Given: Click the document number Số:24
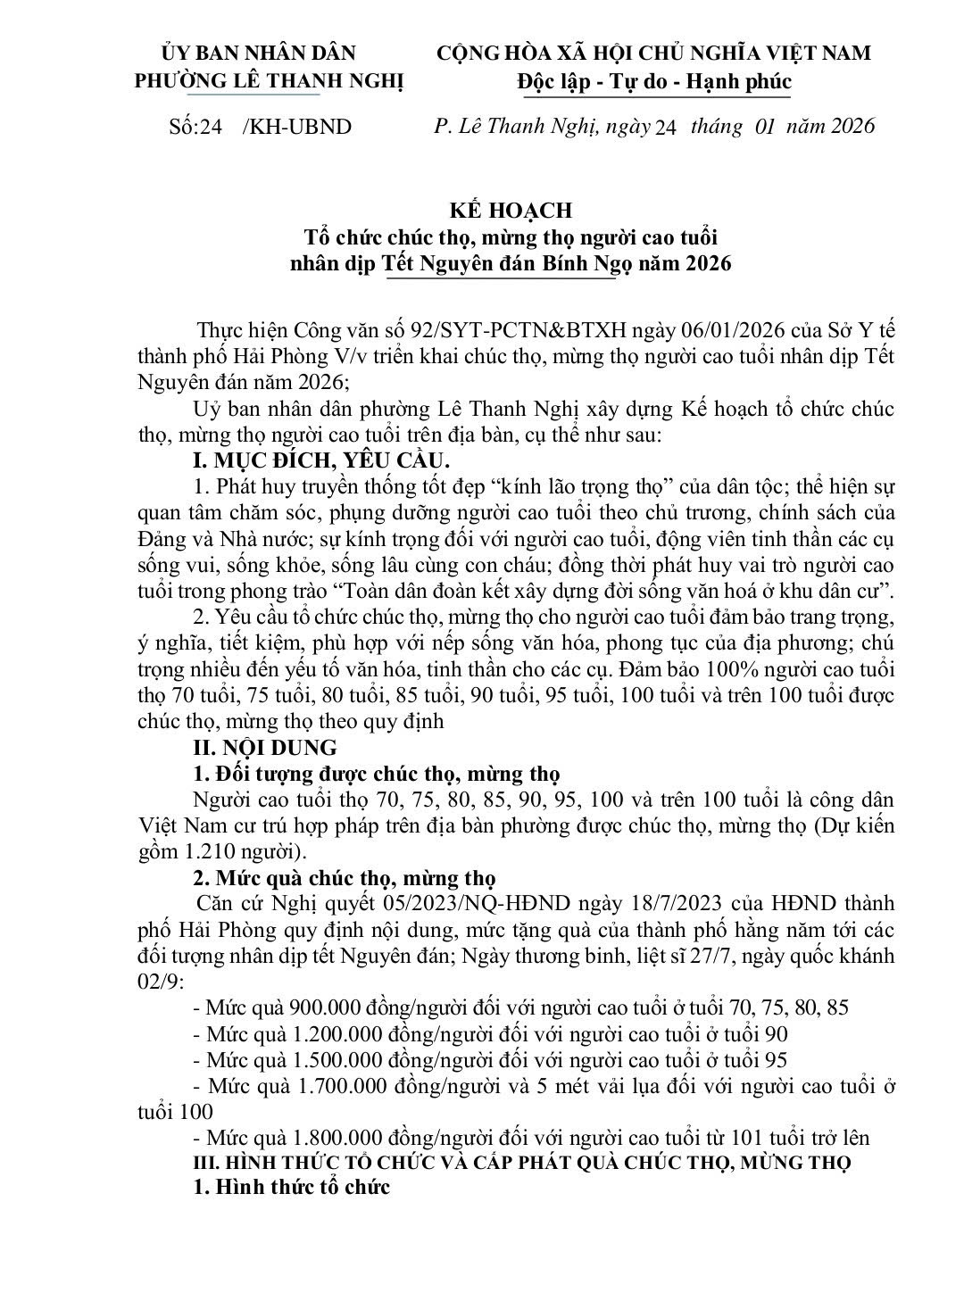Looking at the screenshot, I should click(x=195, y=127).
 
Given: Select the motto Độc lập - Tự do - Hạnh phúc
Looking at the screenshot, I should click(x=653, y=81).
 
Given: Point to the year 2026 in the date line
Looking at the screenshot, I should click(x=852, y=126).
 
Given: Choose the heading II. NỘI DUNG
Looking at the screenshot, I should click(x=265, y=747).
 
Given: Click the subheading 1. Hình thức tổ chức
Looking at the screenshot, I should click(x=292, y=1188).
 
